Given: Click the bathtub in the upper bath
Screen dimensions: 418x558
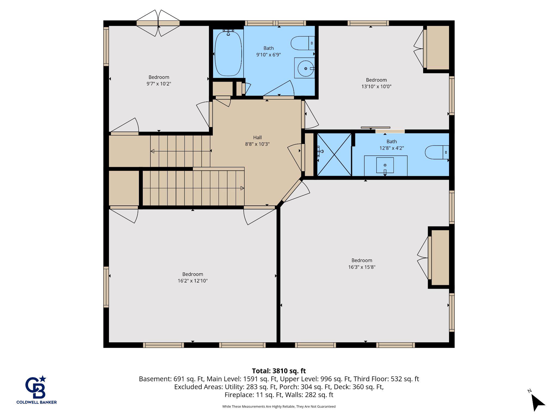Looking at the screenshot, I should [228, 54].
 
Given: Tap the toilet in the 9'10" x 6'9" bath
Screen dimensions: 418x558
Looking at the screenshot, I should [302, 43].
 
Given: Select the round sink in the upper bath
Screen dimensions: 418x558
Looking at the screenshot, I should [305, 68].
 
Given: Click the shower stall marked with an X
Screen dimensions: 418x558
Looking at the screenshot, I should [334, 155].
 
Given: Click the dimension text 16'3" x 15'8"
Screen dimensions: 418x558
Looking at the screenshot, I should [362, 267].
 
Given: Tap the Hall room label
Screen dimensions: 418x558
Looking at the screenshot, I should [257, 137].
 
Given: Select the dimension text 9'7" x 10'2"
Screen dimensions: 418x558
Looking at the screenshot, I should [159, 84].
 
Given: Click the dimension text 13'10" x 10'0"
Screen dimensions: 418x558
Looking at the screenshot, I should [376, 87].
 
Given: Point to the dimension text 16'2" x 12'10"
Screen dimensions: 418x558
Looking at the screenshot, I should [193, 281].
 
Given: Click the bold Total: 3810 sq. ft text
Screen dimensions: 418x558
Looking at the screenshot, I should [279, 371].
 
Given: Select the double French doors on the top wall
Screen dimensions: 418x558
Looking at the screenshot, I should [158, 23].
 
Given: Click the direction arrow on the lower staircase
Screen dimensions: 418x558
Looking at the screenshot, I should [242, 188].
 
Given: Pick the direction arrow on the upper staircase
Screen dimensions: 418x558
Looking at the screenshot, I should [153, 151].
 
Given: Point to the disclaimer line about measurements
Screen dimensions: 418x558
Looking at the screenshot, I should [279, 407].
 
